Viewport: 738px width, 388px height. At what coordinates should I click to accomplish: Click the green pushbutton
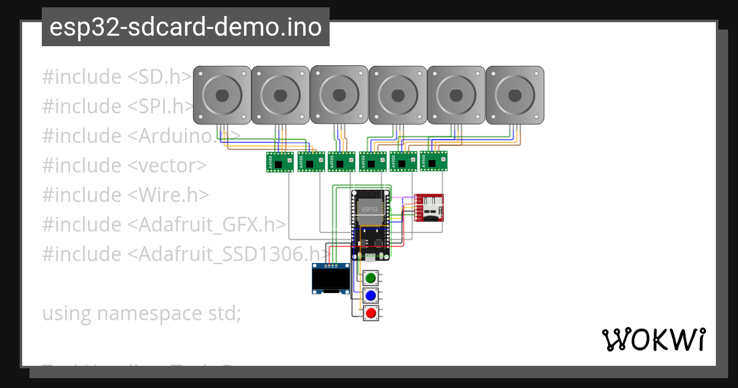[x=370, y=278]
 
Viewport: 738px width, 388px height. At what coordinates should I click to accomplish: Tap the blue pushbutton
[x=370, y=296]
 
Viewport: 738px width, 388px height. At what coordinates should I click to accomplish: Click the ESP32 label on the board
[x=370, y=209]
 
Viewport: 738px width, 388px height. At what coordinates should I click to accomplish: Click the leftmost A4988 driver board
[x=279, y=162]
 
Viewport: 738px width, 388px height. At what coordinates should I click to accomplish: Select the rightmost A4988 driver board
[x=433, y=161]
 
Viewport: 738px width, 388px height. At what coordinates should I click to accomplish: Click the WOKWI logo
[x=653, y=339]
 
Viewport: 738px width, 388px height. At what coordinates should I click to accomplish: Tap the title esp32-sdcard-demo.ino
[x=186, y=27]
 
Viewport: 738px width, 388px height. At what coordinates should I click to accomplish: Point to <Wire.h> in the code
[x=169, y=195]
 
